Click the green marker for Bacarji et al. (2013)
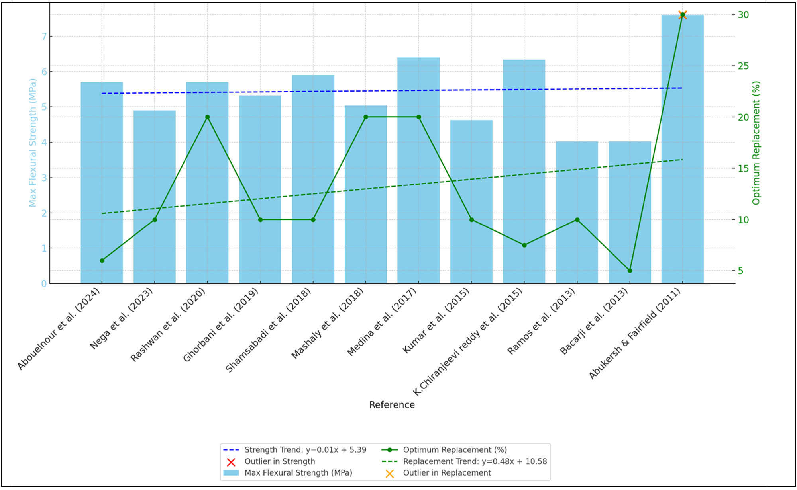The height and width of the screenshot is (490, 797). [x=630, y=271]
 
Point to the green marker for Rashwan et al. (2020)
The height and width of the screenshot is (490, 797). [x=207, y=117]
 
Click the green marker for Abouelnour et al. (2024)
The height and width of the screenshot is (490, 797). [x=102, y=260]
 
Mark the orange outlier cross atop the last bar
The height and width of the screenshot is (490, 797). [x=682, y=15]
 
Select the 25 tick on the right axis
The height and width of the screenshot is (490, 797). [x=743, y=66]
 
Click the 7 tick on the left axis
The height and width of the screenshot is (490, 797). [x=44, y=37]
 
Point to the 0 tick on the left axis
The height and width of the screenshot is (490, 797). [x=44, y=283]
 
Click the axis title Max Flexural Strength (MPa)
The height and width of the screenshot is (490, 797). [x=32, y=143]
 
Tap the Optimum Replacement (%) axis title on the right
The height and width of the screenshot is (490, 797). [x=756, y=143]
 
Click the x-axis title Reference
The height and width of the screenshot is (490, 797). [x=392, y=405]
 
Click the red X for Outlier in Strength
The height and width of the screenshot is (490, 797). [x=231, y=462]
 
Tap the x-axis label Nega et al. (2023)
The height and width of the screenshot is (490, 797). [x=122, y=318]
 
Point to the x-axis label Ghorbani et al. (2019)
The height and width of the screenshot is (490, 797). [x=221, y=324]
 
